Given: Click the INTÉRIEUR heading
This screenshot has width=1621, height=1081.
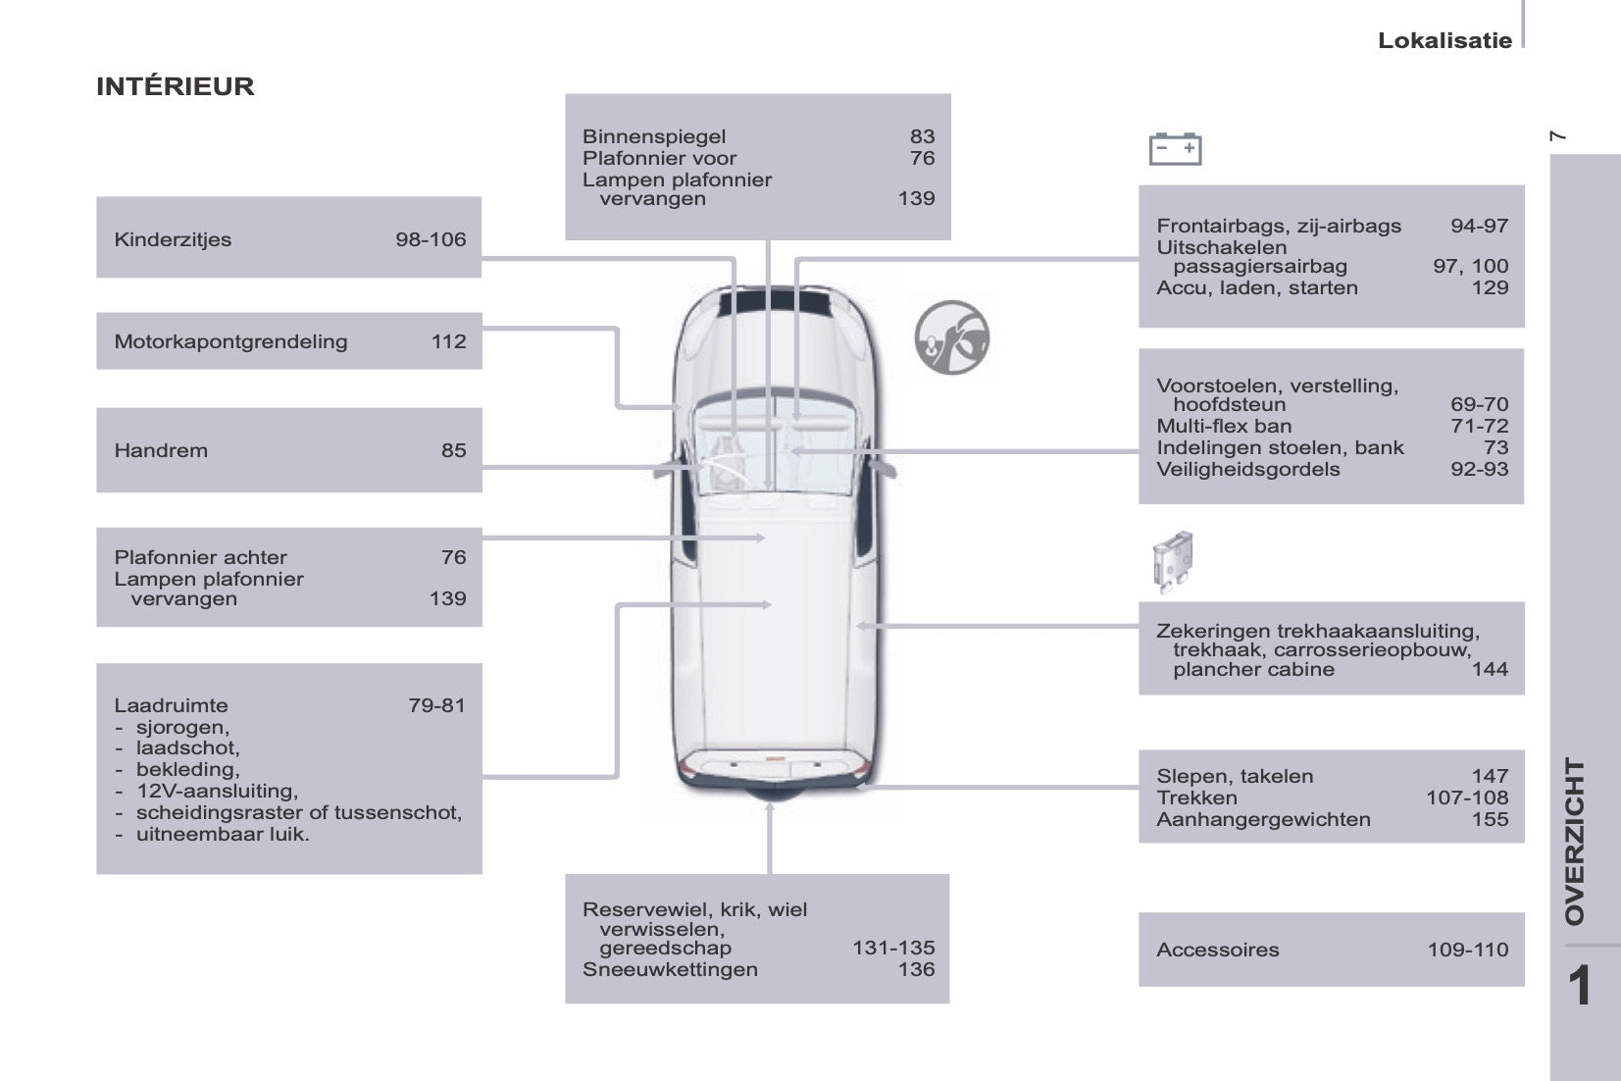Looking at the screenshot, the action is point(176,85).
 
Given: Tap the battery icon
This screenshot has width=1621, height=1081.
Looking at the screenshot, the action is point(1175,149).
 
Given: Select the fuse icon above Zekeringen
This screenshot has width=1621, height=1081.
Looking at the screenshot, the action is point(1172,563).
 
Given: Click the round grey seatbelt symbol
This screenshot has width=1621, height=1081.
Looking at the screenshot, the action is point(951,337).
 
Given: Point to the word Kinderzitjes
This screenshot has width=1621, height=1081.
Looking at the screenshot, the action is point(173,239).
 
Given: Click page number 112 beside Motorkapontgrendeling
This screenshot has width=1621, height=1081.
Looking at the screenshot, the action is point(449,341).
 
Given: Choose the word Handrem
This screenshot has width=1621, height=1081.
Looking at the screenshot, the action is point(161,450).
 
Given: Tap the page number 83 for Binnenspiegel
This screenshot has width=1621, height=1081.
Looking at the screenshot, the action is point(923,136).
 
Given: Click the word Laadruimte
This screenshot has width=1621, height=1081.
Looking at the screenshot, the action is point(171,705).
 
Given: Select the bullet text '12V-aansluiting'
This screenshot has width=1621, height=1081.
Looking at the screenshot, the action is point(217,792).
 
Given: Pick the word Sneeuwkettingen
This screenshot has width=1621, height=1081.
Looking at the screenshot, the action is point(670,969).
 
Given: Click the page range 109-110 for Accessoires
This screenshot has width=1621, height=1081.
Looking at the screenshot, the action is point(1468,950).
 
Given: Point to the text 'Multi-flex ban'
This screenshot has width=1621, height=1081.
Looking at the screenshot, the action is point(1224,426).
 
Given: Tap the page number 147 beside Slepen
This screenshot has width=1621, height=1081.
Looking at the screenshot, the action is point(1490,776).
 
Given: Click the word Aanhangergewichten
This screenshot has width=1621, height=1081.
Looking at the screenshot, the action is point(1263,820).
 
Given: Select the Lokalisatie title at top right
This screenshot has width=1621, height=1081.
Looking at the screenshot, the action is point(1444,40).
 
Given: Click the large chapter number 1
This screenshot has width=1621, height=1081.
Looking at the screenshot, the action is point(1580,986).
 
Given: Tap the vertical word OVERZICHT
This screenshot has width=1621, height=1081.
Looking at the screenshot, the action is point(1575,842).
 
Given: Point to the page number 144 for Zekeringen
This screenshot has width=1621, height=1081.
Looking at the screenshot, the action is point(1490,669).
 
